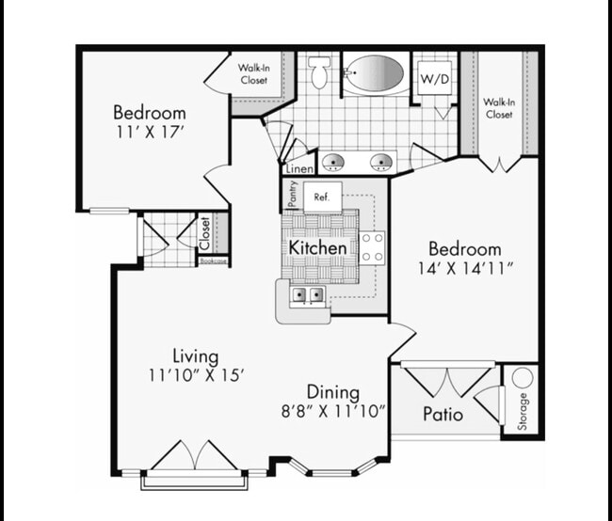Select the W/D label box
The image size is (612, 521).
[434, 77]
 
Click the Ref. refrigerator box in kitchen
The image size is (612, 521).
[321, 198]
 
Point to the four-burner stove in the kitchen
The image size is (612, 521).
[373, 247]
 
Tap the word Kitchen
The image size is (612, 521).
[318, 247]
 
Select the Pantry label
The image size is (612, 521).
[293, 194]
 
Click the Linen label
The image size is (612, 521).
[299, 168]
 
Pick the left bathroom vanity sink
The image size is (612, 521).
[333, 162]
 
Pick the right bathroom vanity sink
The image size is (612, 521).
[381, 162]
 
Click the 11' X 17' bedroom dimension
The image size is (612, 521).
[149, 133]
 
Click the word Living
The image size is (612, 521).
[195, 355]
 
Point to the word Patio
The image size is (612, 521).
[442, 414]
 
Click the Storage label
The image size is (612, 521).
[523, 412]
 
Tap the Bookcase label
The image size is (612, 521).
[213, 260]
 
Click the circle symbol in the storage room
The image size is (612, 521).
[523, 377]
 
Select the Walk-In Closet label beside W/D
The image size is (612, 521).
[498, 108]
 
